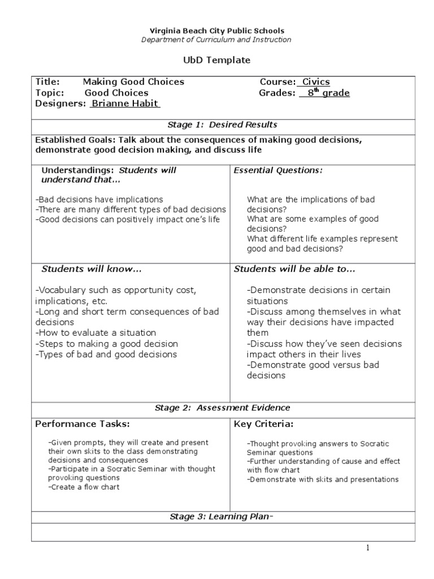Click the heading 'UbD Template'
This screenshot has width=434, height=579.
pyautogui.click(x=217, y=60)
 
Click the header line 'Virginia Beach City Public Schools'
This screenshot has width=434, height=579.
pyautogui.click(x=217, y=31)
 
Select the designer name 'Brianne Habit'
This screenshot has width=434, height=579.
pyautogui.click(x=125, y=103)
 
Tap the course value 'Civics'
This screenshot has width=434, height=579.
pyautogui.click(x=315, y=82)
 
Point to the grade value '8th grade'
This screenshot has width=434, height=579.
pyautogui.click(x=324, y=93)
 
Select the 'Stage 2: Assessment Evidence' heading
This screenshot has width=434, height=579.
pyautogui.click(x=223, y=407)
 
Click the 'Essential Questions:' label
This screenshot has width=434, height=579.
pyautogui.click(x=278, y=170)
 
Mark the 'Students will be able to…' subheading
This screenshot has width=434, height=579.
pyautogui.click(x=294, y=269)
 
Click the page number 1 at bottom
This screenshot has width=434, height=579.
pyautogui.click(x=367, y=548)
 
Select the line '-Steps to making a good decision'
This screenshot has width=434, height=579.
pyautogui.click(x=106, y=344)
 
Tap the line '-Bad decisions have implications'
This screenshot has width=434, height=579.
pyautogui.click(x=99, y=199)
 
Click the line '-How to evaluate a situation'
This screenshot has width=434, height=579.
pyautogui.click(x=96, y=333)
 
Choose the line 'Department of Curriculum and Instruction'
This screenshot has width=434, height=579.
pyautogui.click(x=217, y=40)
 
